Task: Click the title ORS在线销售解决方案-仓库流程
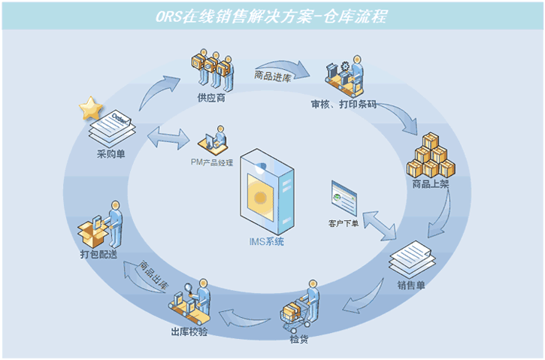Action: coord(272,17)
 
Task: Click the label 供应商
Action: coord(211,98)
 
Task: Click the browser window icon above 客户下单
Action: coord(345,197)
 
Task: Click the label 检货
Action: coord(299,339)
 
